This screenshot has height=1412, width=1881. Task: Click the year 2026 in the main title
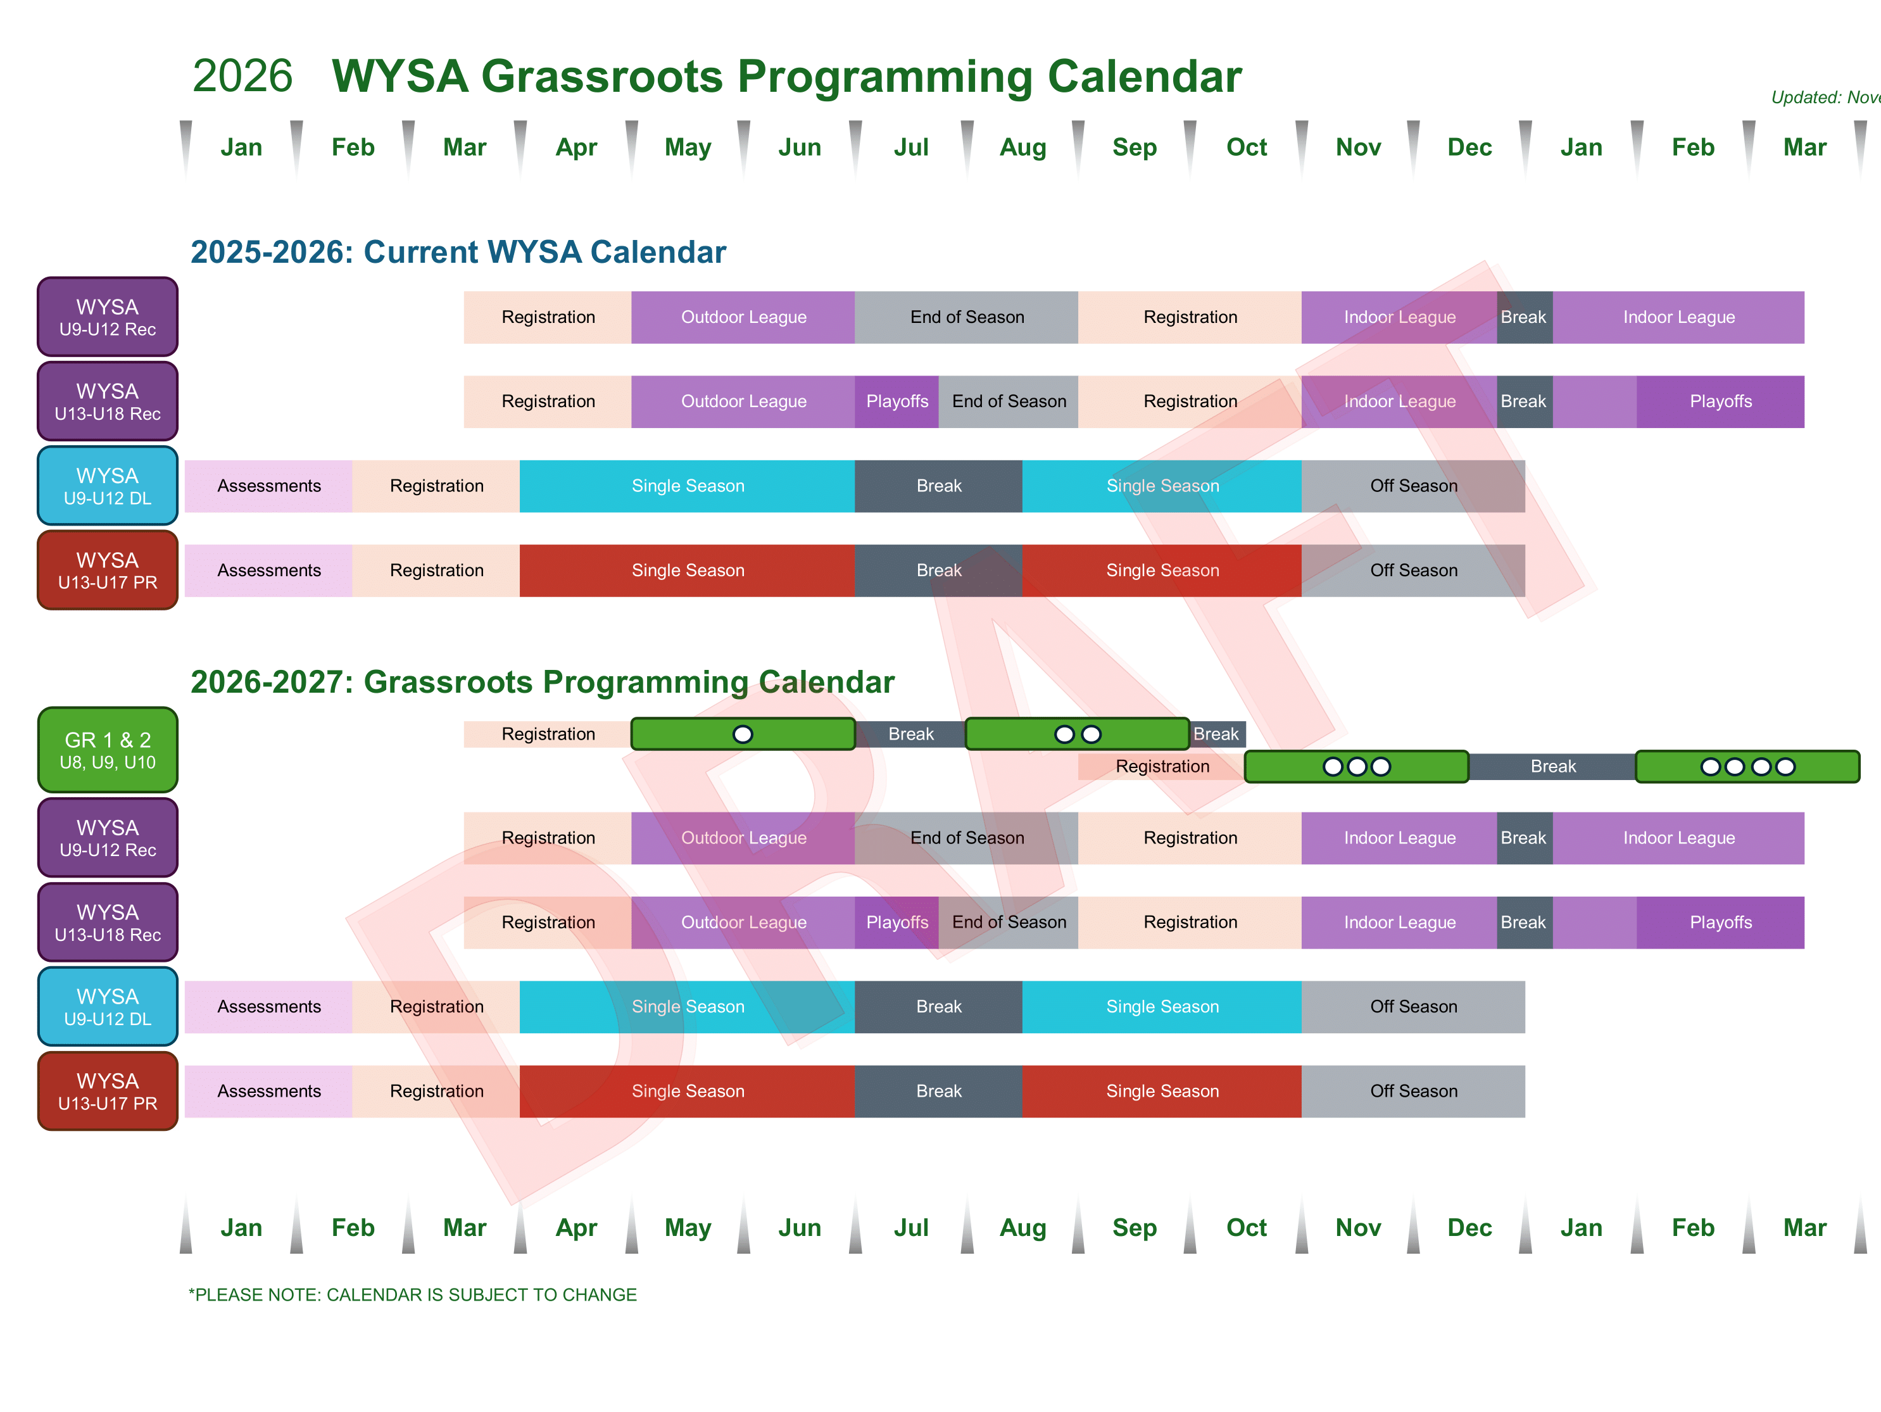(x=242, y=77)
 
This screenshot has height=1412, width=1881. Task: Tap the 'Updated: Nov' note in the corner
(x=1826, y=98)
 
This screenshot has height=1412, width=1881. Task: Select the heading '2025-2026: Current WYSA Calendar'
(x=458, y=252)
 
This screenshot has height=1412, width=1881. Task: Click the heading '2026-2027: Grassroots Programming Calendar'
(x=543, y=682)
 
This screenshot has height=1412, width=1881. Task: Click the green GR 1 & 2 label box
(x=108, y=750)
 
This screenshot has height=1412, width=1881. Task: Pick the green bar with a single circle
(x=743, y=734)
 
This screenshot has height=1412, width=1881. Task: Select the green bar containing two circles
(x=1078, y=734)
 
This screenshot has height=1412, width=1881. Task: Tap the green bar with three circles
(x=1356, y=766)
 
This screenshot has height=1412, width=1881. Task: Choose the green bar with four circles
(x=1747, y=766)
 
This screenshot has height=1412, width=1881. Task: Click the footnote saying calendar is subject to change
(x=412, y=1295)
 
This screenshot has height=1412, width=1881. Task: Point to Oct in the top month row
(x=1247, y=147)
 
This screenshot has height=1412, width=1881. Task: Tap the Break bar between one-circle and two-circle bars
(x=910, y=734)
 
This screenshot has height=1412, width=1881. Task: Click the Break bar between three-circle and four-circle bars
(x=1553, y=766)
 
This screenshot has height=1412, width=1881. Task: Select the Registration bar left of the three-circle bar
(x=1162, y=766)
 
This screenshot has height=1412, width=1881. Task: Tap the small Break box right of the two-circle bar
(x=1217, y=734)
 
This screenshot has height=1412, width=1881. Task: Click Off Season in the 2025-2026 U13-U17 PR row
(x=1413, y=570)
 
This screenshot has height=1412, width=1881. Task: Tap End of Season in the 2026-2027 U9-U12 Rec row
(x=967, y=838)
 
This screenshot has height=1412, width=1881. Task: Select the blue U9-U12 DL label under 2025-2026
(x=108, y=486)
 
